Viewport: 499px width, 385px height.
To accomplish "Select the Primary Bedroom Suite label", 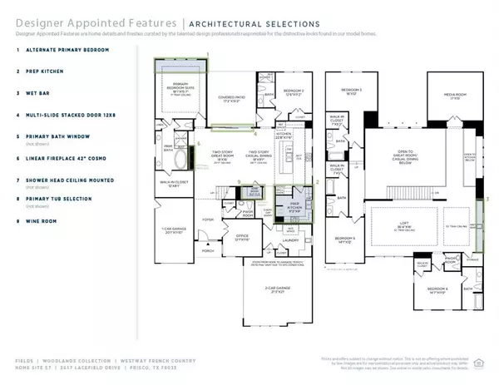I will click(178, 92).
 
